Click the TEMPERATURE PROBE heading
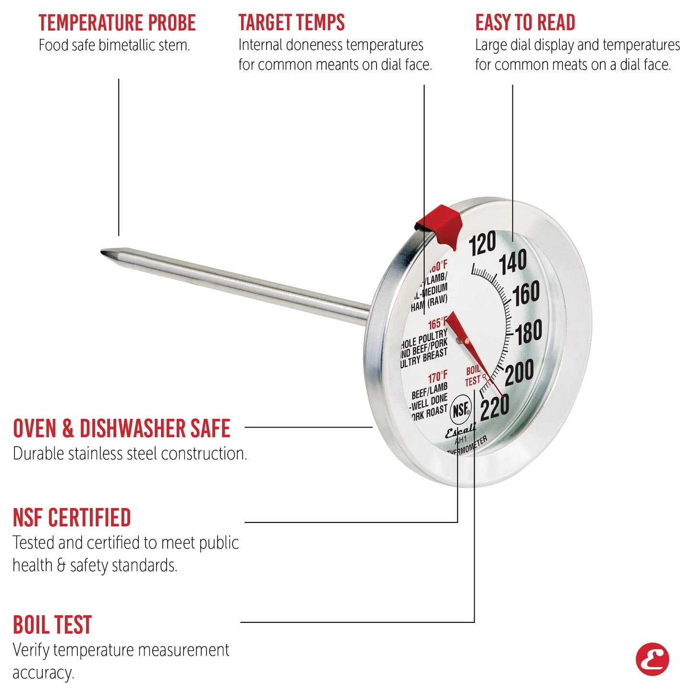pos(117,23)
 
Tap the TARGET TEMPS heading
pos(292,23)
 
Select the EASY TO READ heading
pos(525,23)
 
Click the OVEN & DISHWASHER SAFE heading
pos(122,428)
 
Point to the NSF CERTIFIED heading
pos(72,518)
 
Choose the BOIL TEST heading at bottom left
pos(52,625)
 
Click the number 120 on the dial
pos(482,244)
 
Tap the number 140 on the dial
pos(513,263)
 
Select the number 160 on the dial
pos(526,294)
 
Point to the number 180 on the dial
pos(529,332)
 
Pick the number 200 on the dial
pos(519,372)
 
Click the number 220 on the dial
pos(495,408)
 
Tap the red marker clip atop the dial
pos(439,222)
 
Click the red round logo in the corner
pos(652,659)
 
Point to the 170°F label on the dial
pos(438,377)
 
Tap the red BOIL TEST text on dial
pos(473,376)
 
